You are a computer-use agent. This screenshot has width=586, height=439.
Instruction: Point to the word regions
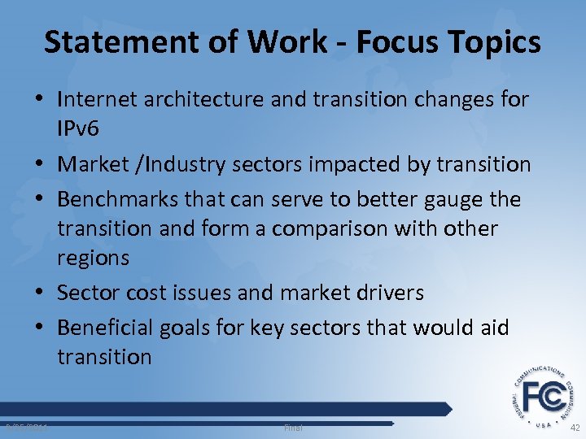coord(93,259)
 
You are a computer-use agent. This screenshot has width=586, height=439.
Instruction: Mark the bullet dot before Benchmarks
coord(41,199)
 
